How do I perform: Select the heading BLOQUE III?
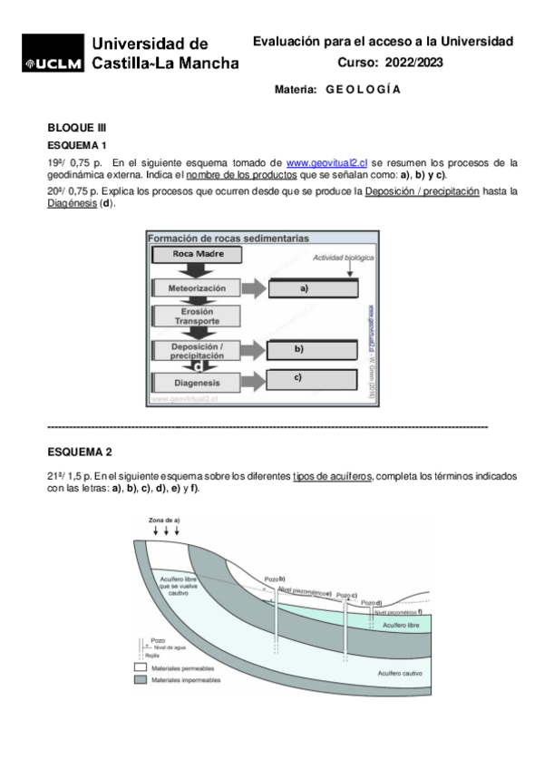coord(77,128)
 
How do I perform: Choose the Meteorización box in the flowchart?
coord(197,288)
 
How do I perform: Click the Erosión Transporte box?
coord(197,316)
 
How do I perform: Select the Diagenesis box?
coord(197,382)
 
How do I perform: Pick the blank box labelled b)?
coord(304,349)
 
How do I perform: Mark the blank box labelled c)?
coord(304,378)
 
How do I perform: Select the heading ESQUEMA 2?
coord(80,452)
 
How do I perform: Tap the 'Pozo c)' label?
coord(347,595)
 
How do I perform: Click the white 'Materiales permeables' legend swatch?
coord(140,667)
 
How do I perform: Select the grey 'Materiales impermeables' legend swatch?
coord(140,679)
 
